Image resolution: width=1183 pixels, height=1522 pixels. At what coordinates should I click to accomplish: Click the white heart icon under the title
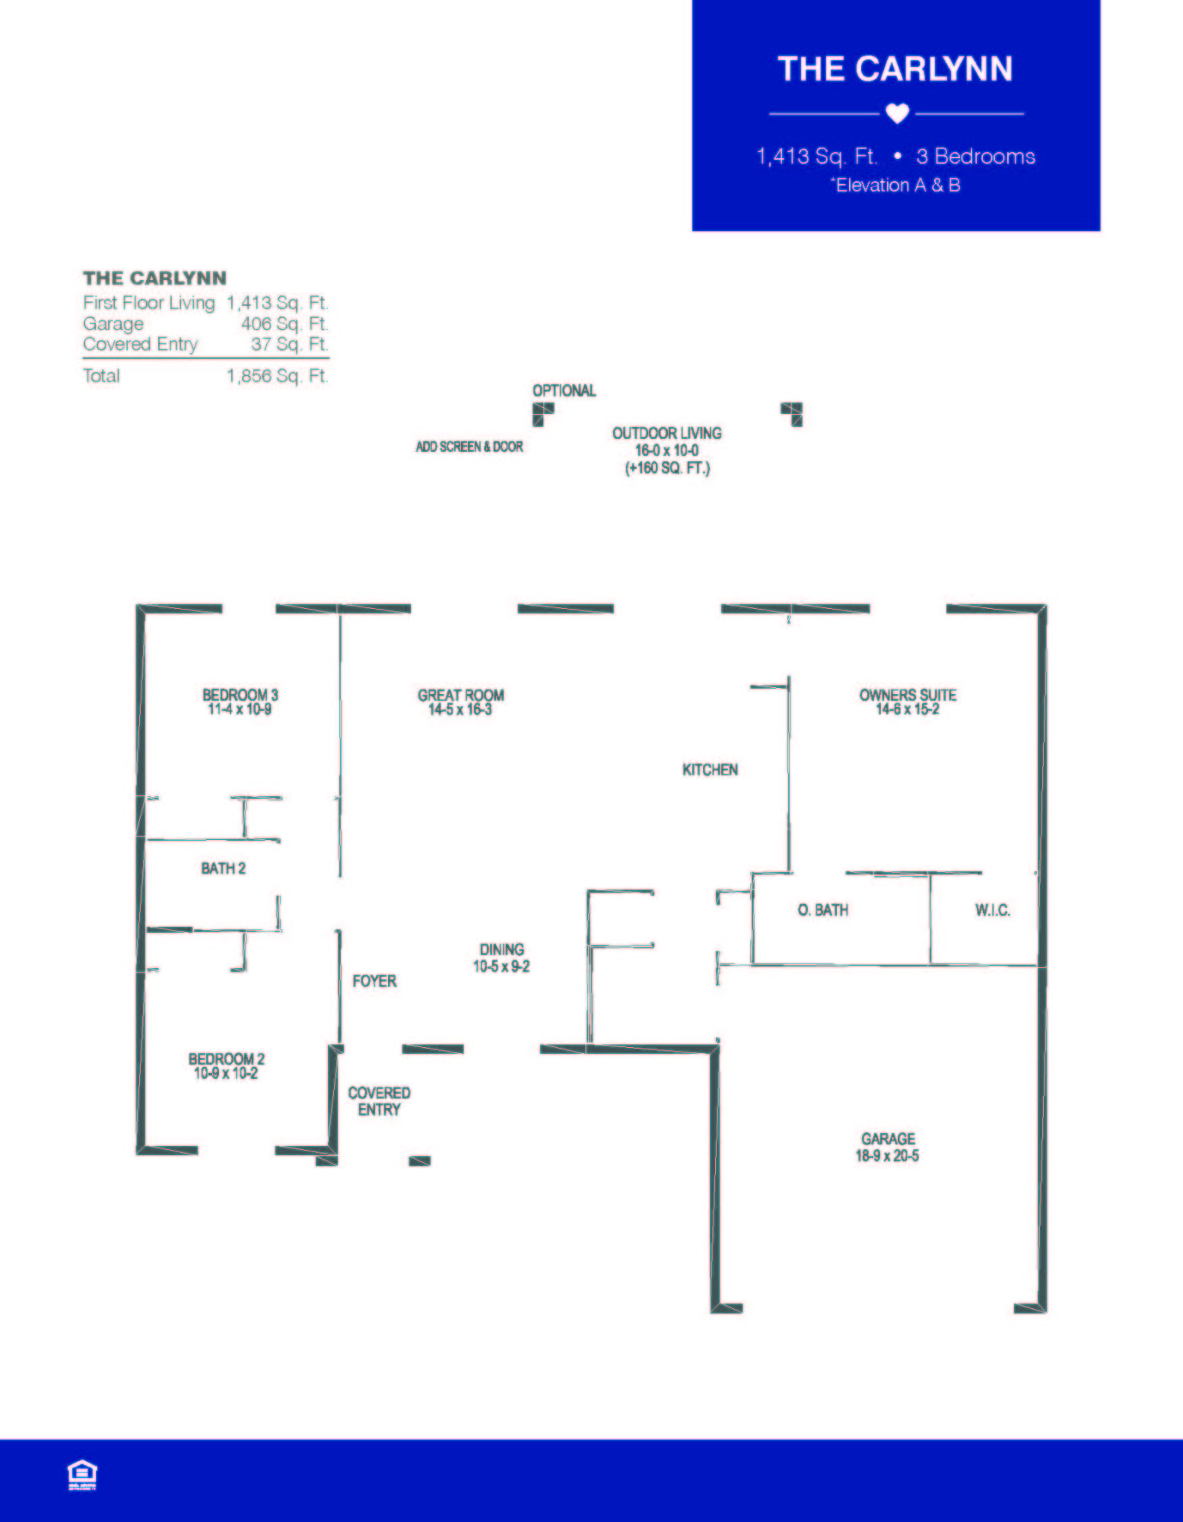coord(897,113)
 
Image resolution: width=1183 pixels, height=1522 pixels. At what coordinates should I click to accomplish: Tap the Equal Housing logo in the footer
coord(82,1475)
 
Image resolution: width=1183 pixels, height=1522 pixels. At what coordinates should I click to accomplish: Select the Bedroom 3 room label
coord(240,695)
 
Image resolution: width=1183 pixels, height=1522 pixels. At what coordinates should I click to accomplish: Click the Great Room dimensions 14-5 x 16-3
coord(460,710)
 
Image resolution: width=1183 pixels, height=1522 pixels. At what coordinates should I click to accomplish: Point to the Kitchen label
coord(710,770)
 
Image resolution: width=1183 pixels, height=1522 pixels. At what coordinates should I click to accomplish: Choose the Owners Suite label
coord(908,695)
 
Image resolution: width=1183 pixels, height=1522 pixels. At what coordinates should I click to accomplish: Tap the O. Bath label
coord(822,910)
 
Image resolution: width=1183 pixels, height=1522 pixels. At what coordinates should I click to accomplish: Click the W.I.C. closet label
coord(992,910)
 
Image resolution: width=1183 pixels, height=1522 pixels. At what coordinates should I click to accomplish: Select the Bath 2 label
coord(223,868)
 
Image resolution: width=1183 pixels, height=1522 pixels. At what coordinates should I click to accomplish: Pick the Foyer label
coord(374,981)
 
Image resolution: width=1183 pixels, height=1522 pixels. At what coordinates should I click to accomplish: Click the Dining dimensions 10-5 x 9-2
coord(501,966)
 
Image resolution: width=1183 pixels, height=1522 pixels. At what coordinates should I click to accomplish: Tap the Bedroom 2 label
coord(226,1059)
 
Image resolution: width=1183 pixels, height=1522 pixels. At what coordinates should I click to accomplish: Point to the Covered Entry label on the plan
coord(379,1101)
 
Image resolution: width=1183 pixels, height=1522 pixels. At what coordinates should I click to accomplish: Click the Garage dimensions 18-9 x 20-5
coord(887,1156)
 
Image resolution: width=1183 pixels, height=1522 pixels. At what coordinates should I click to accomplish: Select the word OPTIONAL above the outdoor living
coord(564,390)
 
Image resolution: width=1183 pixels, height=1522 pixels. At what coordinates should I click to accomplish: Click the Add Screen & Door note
coord(469,447)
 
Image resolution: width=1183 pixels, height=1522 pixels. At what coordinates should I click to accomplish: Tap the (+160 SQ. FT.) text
coord(667,468)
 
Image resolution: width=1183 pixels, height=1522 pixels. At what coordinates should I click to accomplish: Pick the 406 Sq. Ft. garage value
coord(284,324)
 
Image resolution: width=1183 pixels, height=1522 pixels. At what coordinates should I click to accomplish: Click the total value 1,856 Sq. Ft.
coord(277,376)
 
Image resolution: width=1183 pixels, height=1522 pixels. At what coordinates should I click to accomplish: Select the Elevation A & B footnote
coord(896,185)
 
